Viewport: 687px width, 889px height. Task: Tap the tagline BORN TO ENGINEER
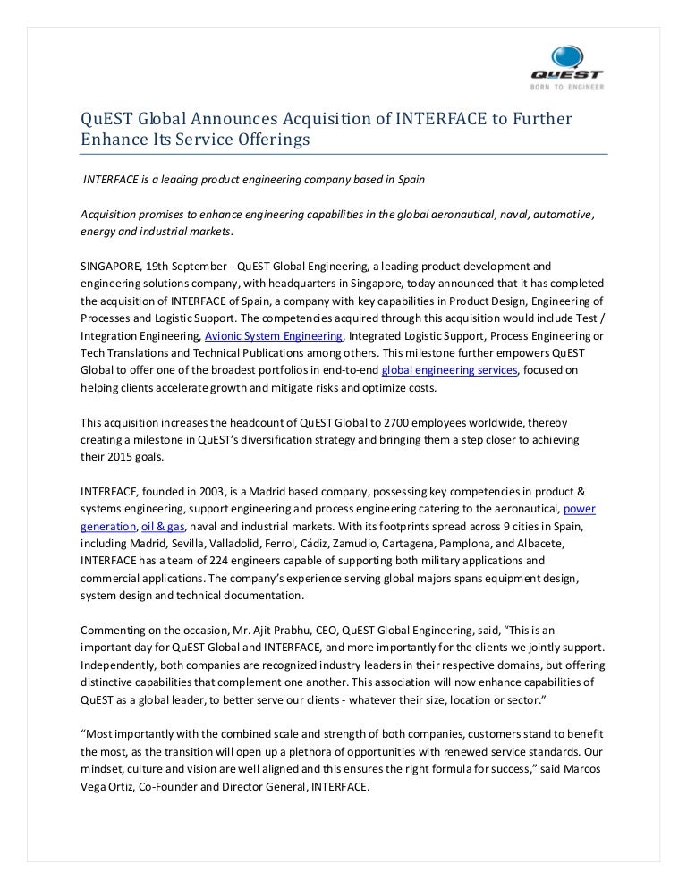pos(567,88)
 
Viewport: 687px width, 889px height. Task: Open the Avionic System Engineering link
pos(274,336)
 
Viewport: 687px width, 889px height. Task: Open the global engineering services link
pos(449,370)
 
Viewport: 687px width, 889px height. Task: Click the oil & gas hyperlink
pos(157,527)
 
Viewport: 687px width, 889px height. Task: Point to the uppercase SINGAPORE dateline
pos(111,267)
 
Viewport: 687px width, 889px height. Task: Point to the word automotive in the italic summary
pos(561,216)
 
